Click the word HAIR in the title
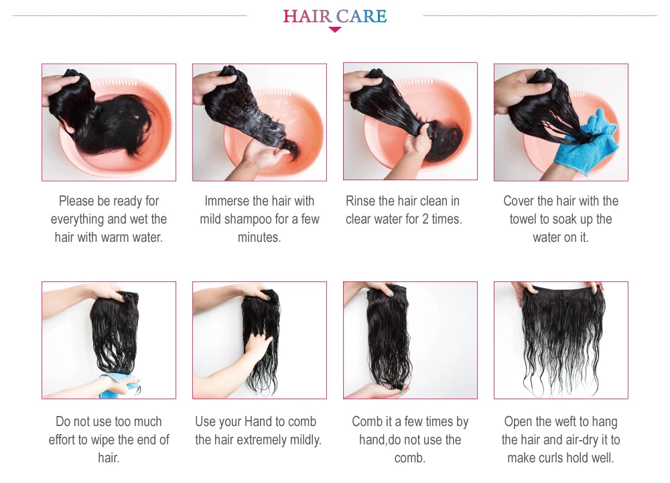(x=307, y=16)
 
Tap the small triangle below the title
(x=335, y=29)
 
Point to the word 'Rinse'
(x=360, y=201)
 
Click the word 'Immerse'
(x=226, y=201)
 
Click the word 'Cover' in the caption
(x=518, y=201)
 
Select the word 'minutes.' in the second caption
(x=259, y=237)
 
